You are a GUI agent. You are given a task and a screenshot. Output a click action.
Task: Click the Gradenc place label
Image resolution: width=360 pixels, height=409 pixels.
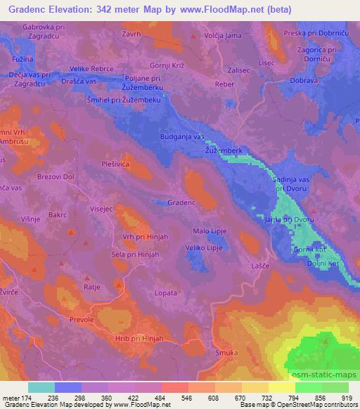point(181,202)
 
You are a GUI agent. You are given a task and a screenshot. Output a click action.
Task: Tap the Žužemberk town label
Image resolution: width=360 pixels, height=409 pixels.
point(223,150)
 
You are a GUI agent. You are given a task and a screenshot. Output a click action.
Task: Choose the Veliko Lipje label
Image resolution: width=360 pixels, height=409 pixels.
point(205,247)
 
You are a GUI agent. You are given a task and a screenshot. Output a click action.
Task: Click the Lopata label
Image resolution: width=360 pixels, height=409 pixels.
point(165,290)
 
